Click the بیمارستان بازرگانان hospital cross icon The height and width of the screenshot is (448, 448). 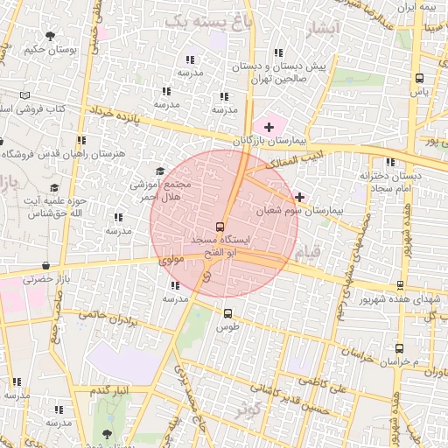point(268,128)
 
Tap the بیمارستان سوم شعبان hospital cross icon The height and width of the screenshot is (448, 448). point(300,197)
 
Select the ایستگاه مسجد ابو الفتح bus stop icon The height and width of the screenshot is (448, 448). point(219,227)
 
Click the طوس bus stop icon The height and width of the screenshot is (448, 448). point(227,313)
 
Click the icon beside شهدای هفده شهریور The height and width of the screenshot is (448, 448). point(401,285)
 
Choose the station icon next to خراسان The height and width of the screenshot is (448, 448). point(399,347)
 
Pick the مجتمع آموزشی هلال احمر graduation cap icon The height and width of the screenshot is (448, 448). point(159,171)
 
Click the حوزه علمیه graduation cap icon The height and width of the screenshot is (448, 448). point(54,187)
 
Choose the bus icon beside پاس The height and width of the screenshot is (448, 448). point(419,78)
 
